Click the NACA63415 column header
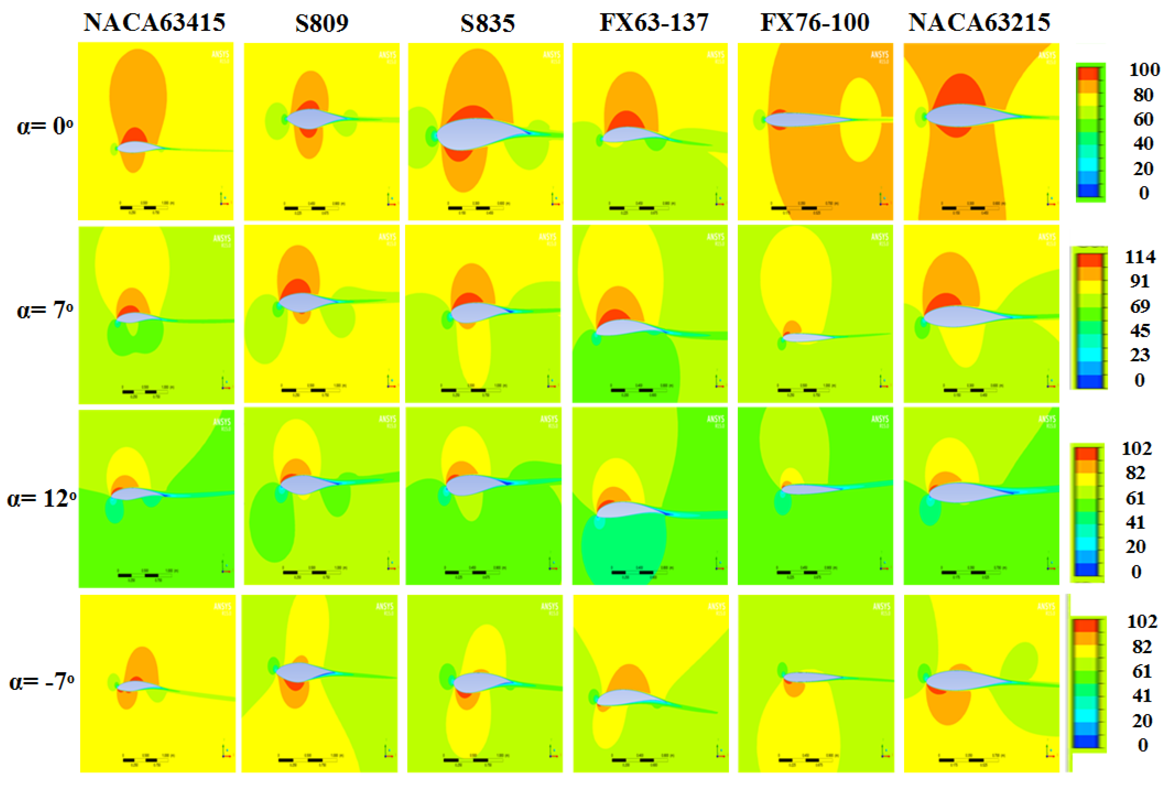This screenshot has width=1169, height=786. point(154,23)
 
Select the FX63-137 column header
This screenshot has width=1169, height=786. point(654,23)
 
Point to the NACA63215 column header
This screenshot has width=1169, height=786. point(979,23)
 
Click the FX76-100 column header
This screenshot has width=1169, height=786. point(815,23)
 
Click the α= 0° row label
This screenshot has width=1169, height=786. point(44,126)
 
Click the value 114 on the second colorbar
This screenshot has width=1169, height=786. point(1140,257)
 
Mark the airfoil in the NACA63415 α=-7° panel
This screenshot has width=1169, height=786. point(136,686)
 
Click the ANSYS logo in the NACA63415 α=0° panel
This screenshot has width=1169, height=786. point(221,54)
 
